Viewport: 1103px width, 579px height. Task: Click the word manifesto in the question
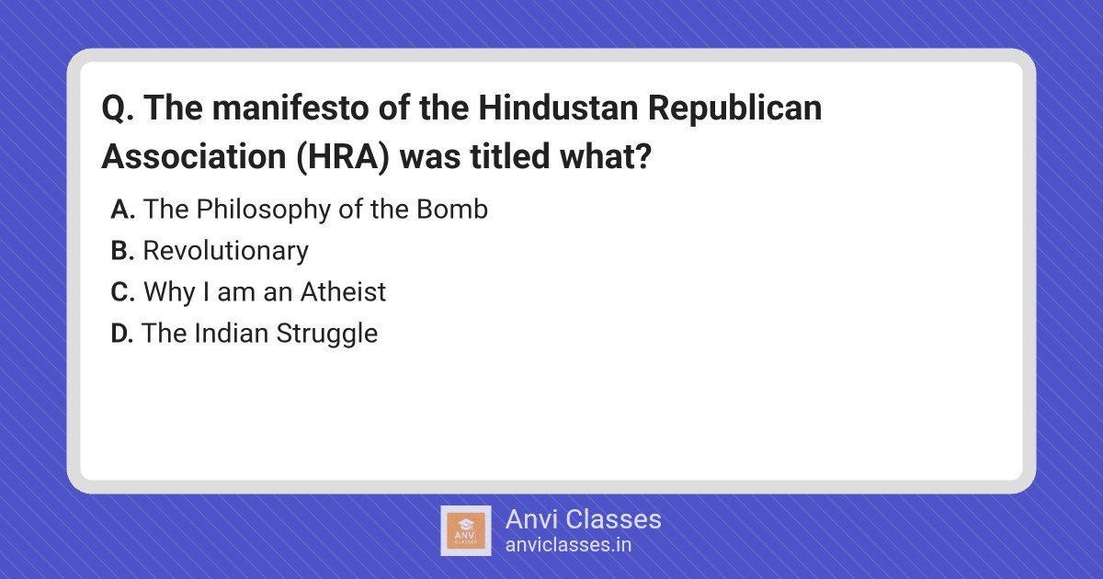[290, 108]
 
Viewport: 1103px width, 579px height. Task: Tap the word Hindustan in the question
[559, 108]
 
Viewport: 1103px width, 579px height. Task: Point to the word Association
[194, 156]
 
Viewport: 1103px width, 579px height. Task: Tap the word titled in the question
[510, 156]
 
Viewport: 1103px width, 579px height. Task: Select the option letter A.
[122, 210]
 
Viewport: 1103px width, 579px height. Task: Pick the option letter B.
[122, 251]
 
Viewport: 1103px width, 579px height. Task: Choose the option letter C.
[122, 292]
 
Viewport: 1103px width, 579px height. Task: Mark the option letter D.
[122, 334]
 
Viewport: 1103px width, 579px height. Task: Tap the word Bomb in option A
[452, 210]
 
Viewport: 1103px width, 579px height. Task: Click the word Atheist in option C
[343, 292]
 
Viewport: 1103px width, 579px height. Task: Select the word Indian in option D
[231, 334]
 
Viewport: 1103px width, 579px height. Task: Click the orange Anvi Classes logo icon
[466, 531]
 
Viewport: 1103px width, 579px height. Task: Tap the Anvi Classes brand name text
[583, 519]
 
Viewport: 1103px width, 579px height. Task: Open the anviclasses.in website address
[568, 545]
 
